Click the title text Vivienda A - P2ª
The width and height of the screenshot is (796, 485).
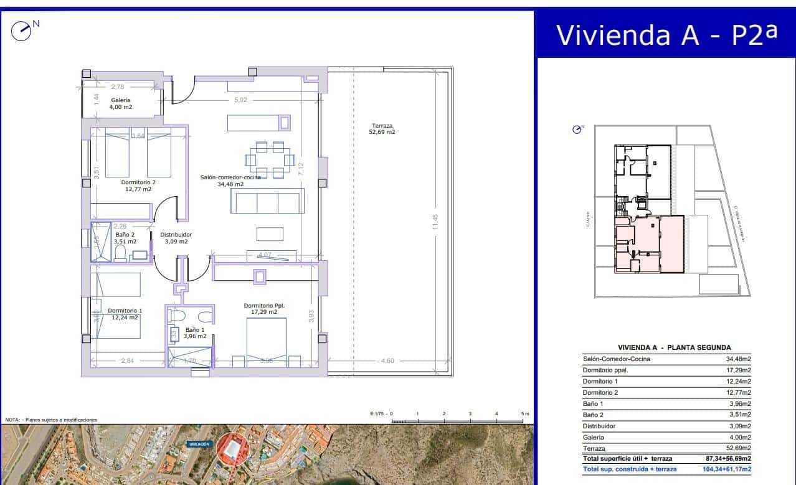click(x=666, y=35)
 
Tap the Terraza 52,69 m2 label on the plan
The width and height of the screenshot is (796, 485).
click(x=382, y=129)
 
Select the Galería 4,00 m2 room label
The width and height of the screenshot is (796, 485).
click(x=121, y=103)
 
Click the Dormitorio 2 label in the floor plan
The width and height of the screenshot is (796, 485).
click(x=138, y=186)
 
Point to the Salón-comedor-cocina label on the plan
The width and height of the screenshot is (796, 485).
click(x=230, y=181)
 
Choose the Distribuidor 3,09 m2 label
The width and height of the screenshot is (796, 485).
click(x=176, y=238)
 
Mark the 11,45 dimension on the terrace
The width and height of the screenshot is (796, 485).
click(x=436, y=222)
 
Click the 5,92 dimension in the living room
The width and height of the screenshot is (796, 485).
click(x=241, y=100)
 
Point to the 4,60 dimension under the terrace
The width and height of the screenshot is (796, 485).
click(x=387, y=360)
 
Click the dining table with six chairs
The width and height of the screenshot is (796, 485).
click(x=270, y=160)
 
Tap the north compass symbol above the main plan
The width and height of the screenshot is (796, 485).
click(x=22, y=30)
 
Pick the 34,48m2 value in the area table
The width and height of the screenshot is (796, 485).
click(x=738, y=359)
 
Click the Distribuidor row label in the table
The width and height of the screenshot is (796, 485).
click(x=599, y=426)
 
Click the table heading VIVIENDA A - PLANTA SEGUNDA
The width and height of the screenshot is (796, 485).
click(x=674, y=347)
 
